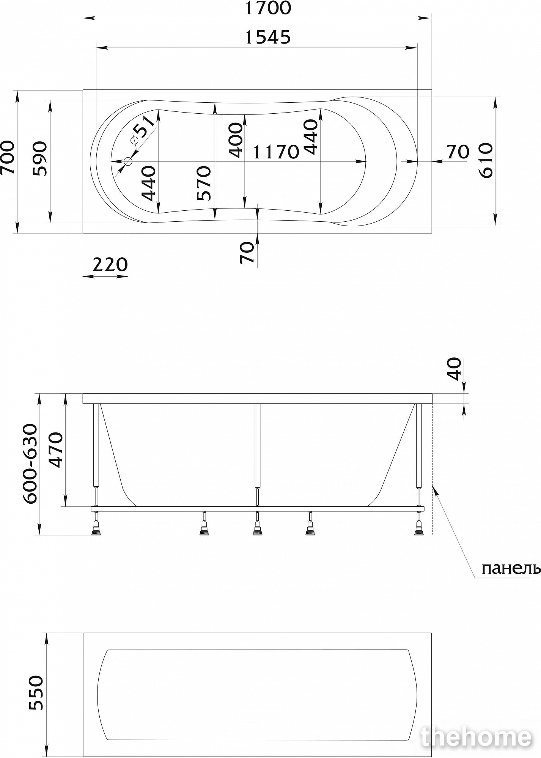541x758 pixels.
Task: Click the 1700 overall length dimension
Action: tap(268, 8)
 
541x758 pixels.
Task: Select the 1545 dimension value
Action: tap(268, 37)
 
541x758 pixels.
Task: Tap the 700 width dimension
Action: tap(8, 157)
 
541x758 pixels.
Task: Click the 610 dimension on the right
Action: tap(486, 160)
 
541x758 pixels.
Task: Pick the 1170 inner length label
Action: tap(276, 152)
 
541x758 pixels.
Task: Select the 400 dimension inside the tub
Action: tap(236, 140)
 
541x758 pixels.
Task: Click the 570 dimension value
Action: tap(204, 183)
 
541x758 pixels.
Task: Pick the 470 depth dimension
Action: tap(55, 450)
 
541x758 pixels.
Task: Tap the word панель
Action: tap(511, 569)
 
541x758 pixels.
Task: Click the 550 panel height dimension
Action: tap(36, 692)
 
